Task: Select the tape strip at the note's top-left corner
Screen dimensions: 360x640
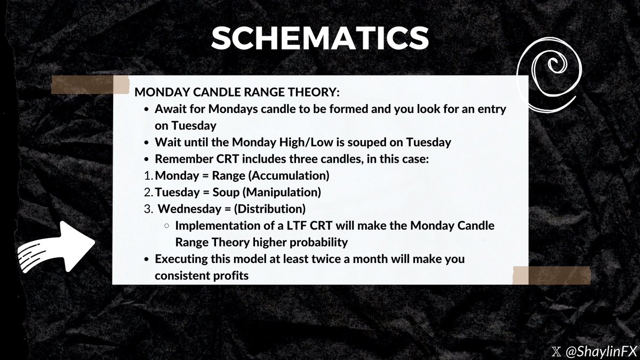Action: (x=90, y=85)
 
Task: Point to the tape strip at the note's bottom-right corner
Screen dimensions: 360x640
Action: (x=551, y=275)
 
